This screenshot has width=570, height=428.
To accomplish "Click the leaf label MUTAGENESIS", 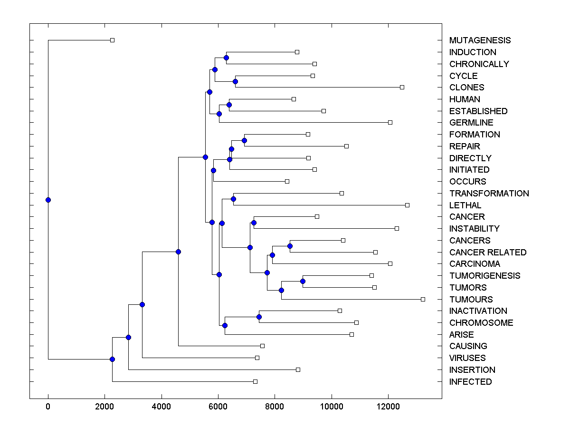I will pos(480,40).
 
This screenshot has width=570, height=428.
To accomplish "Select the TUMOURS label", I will pos(471,299).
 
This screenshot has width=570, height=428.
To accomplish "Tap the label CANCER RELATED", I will pos(488,252).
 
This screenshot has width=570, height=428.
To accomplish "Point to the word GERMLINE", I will pos(471,123).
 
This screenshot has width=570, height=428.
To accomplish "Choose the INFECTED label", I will pos(470,381).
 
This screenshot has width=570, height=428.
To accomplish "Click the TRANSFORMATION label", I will pos(489,193).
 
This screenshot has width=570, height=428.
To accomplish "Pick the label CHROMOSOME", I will pos(481,322).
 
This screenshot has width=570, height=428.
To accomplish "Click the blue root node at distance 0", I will pos(48,200).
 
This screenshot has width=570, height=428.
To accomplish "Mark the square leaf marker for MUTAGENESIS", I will pos(112,40).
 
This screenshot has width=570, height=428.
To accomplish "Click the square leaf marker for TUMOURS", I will pos(423,299).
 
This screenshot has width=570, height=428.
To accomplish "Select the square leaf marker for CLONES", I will pos(402,87).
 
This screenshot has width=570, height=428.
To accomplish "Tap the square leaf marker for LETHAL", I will pos(407,205).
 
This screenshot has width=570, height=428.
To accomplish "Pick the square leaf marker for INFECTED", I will pos(255,381).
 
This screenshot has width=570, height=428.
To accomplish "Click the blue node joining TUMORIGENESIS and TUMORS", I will pos(303,281).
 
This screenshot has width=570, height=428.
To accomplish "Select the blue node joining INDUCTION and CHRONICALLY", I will pos(226,58).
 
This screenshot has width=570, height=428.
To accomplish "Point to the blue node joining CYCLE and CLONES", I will pos(235,81).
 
